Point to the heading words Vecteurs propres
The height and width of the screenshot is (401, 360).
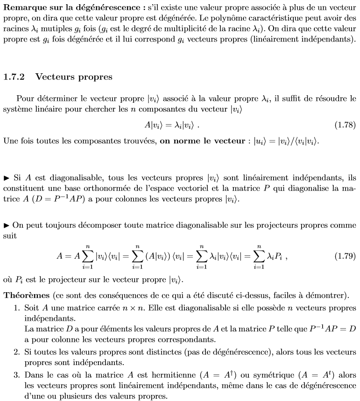(74, 77)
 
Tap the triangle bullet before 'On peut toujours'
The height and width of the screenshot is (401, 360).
(7, 225)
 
